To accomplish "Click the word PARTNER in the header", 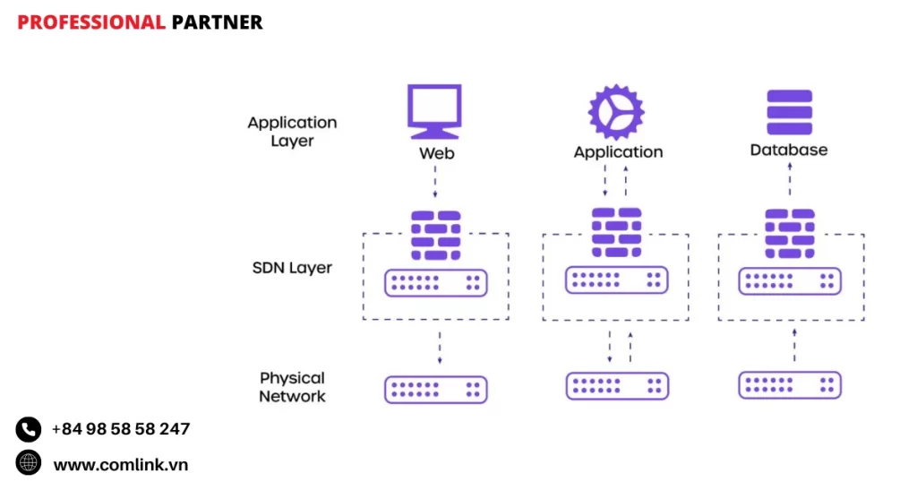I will [217, 22].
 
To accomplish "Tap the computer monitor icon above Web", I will [435, 110].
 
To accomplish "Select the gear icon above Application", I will [616, 112].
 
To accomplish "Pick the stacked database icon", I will [789, 112].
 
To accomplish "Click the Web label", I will [437, 153].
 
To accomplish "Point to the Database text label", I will [789, 151].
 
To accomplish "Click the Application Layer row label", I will [292, 132].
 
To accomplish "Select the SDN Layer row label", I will [292, 268].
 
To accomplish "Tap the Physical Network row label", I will [292, 387].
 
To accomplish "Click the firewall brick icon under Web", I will [435, 235].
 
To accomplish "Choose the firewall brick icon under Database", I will [789, 233].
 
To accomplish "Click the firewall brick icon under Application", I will [616, 233].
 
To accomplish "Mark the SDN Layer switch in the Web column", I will [436, 283].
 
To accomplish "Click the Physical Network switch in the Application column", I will [617, 386].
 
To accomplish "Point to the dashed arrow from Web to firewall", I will [435, 183].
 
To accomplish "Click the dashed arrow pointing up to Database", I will [789, 183].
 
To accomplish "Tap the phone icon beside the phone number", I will [29, 429].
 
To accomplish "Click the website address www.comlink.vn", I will [121, 464].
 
